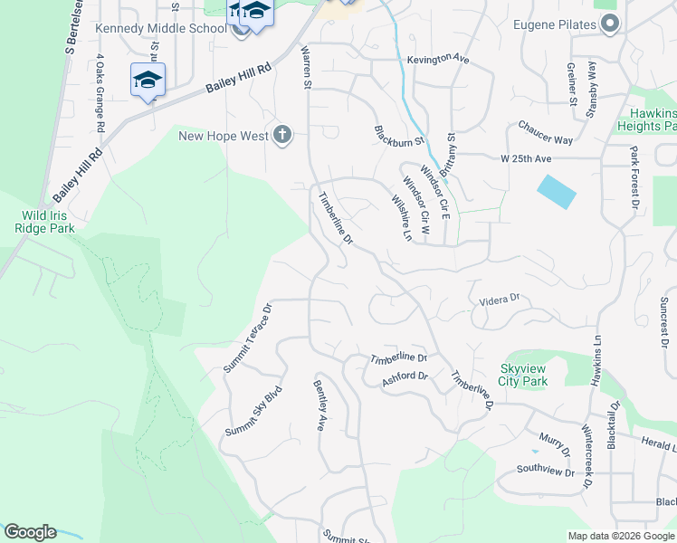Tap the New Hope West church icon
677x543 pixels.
[282, 136]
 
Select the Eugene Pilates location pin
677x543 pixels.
[611, 24]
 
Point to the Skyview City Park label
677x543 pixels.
[537, 375]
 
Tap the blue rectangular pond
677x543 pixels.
[556, 191]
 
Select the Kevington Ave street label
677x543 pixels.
[438, 59]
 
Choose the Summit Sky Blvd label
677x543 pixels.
[254, 413]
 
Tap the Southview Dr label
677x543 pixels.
[546, 472]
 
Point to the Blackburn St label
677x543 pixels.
[399, 136]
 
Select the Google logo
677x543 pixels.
[30, 532]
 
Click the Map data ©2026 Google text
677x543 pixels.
[620, 536]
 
